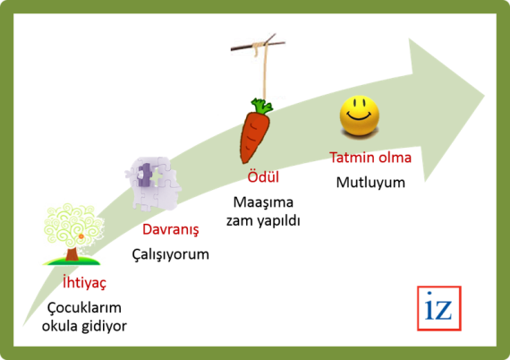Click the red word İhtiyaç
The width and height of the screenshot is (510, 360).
coord(85,282)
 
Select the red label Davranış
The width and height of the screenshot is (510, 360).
coord(170,229)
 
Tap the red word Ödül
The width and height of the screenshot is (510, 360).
coord(263,177)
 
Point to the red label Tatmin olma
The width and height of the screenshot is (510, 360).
coord(370,158)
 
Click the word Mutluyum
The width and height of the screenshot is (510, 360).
coord(370,183)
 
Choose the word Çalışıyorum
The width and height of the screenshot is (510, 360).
coord(170,254)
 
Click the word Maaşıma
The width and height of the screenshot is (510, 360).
coord(263,202)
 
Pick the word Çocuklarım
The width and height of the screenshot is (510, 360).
coord(85,307)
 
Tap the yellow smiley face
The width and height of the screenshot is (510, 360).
coord(360,116)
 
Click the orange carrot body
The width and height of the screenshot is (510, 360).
coord(254,136)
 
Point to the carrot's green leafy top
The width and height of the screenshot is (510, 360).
coord(262,106)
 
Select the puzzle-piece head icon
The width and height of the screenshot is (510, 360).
coord(154,184)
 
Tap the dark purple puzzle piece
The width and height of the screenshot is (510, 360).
coord(144,176)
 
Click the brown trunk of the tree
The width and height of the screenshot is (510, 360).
coord(72,254)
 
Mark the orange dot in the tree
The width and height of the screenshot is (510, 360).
coord(81,236)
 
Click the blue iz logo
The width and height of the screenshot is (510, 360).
coord(438,308)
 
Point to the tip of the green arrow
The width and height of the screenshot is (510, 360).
coord(484,96)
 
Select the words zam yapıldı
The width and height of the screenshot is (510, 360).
coord(263,221)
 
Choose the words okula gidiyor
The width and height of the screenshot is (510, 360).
coord(85,326)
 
